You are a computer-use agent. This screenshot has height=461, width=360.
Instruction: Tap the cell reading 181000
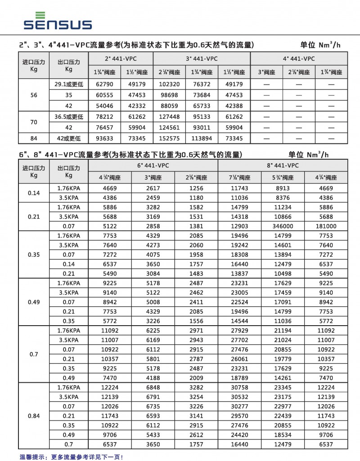point(326,226)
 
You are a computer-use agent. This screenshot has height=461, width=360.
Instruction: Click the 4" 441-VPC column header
point(299,58)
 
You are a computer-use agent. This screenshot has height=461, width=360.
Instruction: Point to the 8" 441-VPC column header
point(283,165)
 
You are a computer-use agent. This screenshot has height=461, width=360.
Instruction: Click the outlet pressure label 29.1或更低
point(68,84)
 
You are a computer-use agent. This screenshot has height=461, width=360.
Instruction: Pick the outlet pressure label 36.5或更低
point(68,117)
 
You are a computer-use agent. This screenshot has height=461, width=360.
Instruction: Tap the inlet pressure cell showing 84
point(34,139)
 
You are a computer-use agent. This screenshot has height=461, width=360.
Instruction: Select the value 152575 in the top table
point(169,139)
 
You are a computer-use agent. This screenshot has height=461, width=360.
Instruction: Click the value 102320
point(169,84)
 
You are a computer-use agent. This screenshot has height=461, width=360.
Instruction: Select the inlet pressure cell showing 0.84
point(34,416)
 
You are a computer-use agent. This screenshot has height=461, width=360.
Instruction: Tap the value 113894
point(202,139)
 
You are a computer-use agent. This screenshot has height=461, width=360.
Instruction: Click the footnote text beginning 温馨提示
point(71,457)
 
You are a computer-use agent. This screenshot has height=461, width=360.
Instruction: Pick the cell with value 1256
point(196,188)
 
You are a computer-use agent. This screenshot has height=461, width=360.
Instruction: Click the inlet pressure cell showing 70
point(34,122)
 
